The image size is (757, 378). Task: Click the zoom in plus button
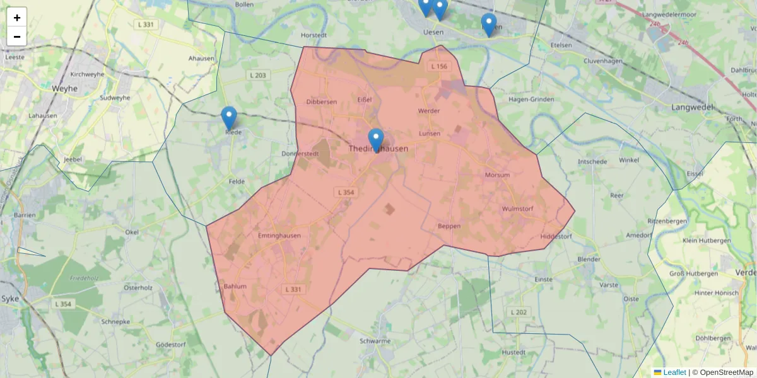tap(17, 18)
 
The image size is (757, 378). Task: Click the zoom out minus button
tap(17, 37)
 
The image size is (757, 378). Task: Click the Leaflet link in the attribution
tap(674, 372)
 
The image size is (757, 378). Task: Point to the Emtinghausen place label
tap(279, 236)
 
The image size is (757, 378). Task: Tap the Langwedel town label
tap(693, 108)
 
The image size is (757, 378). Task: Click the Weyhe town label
tap(64, 89)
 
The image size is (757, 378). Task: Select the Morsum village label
tap(497, 175)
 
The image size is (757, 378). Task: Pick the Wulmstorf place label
tap(518, 209)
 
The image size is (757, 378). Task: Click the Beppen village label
tap(449, 226)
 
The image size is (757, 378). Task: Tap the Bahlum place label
tap(235, 286)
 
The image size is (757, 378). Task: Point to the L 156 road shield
tap(439, 66)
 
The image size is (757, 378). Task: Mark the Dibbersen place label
tap(321, 101)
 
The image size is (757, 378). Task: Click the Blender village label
tap(589, 260)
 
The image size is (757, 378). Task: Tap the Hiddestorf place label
tap(556, 236)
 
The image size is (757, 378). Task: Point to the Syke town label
tap(10, 299)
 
